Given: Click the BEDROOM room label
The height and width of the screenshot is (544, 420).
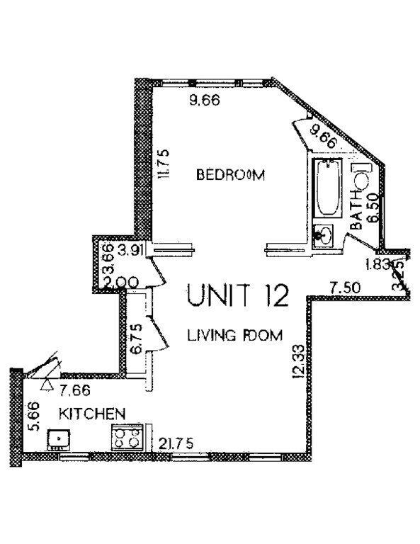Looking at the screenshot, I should coord(230,175).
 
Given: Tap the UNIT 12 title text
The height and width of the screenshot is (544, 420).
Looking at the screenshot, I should coord(237,295).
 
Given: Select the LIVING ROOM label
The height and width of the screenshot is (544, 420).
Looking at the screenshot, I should coord(234,335).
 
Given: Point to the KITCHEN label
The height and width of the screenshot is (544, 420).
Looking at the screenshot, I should coord(92,413).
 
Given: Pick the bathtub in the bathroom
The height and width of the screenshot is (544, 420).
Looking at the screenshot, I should coord(327,189).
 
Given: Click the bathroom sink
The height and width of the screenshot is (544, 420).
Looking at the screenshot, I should coord(324,234).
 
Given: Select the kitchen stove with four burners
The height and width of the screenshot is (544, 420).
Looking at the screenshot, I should coord(127,438).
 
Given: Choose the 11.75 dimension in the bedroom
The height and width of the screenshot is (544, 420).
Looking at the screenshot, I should coord(162,164).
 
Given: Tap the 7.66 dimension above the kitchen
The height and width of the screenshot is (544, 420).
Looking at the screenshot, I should coord(76,389).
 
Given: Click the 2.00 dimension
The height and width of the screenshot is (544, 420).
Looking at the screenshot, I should coord(115,282).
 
